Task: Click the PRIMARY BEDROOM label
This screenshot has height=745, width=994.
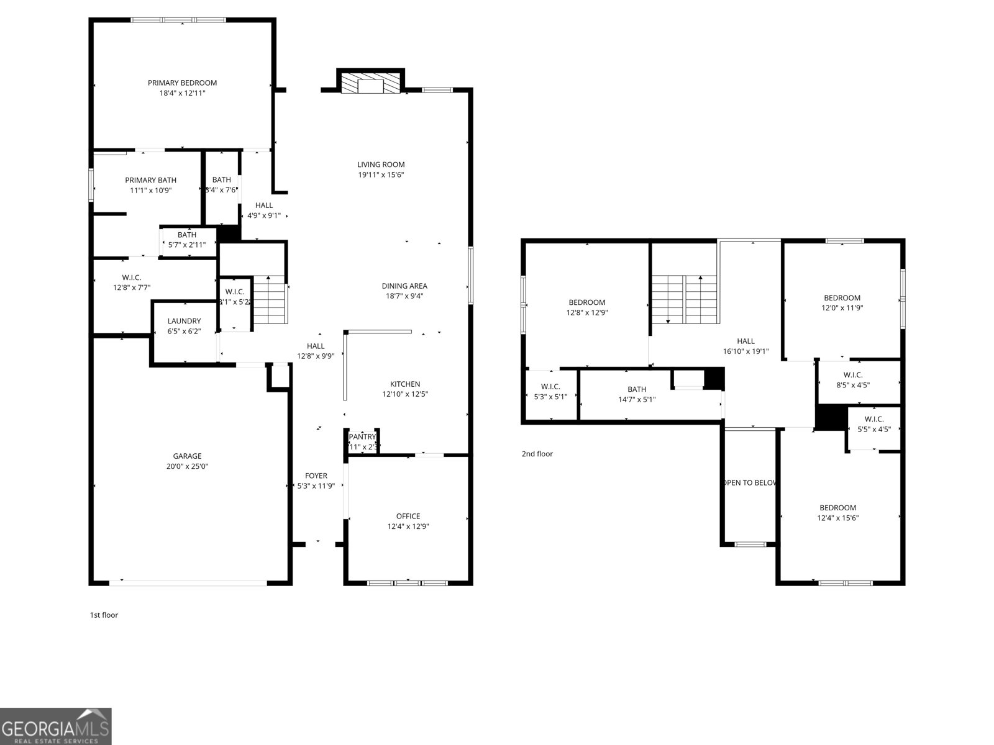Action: [182, 83]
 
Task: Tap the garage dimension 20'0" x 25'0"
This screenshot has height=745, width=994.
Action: [187, 466]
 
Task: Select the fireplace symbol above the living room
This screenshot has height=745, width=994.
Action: [371, 83]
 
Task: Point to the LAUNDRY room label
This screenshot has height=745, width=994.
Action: [184, 322]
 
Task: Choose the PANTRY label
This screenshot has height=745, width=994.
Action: [363, 437]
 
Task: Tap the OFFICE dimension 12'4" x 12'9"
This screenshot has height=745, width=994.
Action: [408, 526]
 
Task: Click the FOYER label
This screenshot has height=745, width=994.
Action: [316, 476]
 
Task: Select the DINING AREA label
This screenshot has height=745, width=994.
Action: [404, 286]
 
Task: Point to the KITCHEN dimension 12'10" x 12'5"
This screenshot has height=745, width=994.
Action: [405, 394]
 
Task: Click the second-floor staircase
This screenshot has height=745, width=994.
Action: [685, 299]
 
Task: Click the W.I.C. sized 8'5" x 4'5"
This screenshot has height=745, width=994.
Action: [853, 375]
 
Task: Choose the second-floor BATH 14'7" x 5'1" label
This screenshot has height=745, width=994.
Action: [637, 390]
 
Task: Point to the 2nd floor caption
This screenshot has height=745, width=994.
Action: [537, 454]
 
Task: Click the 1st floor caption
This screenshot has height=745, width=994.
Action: [104, 615]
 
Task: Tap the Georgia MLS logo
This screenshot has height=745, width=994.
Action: [56, 726]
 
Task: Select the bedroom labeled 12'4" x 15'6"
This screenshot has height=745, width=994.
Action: [837, 508]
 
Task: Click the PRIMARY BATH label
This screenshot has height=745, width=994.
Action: [150, 181]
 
